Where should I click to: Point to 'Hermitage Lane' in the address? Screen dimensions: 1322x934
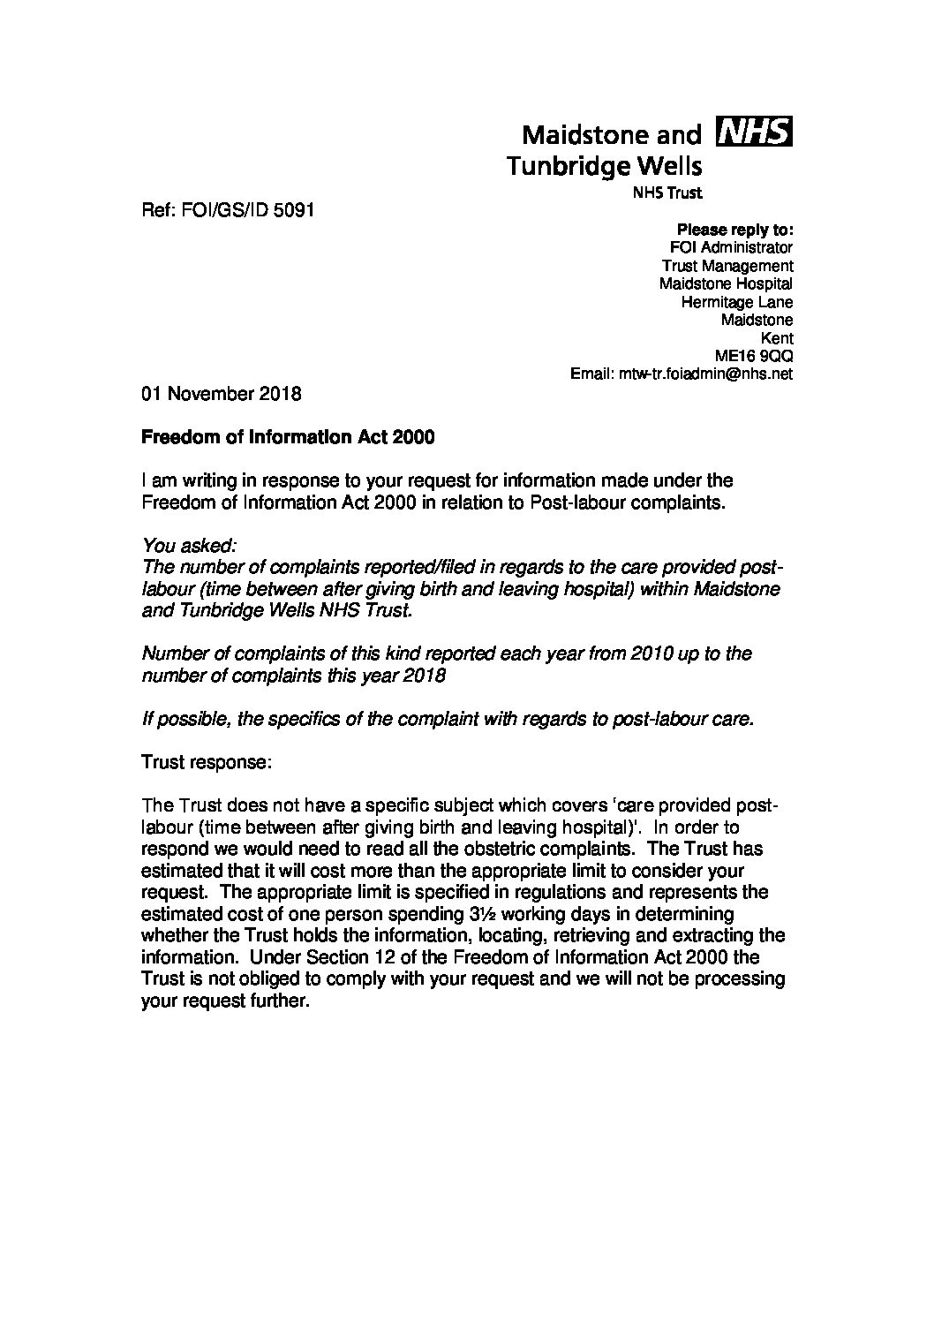click(736, 302)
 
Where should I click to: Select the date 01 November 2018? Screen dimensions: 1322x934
click(222, 394)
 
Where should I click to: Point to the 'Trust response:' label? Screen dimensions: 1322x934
click(206, 762)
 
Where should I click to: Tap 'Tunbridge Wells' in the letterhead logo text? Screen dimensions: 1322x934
click(604, 165)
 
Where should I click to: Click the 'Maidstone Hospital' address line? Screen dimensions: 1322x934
click(726, 284)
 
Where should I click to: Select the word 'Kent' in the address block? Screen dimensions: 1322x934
click(776, 338)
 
